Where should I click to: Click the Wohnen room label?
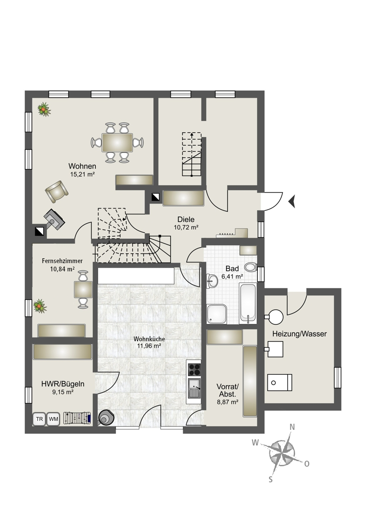[x=82, y=166]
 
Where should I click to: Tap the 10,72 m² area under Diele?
[x=186, y=227]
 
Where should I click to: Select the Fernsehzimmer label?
[x=62, y=261]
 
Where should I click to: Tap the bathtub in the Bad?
[x=248, y=303]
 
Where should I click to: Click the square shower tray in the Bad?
[x=217, y=314]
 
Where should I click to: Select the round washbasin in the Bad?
[x=212, y=281]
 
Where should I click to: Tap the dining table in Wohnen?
[x=117, y=142]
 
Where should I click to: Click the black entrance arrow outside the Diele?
[x=292, y=201]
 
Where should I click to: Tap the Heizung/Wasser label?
[x=299, y=334]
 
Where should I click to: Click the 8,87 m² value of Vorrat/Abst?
[x=227, y=402]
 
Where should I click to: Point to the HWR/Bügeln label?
[x=63, y=384]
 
